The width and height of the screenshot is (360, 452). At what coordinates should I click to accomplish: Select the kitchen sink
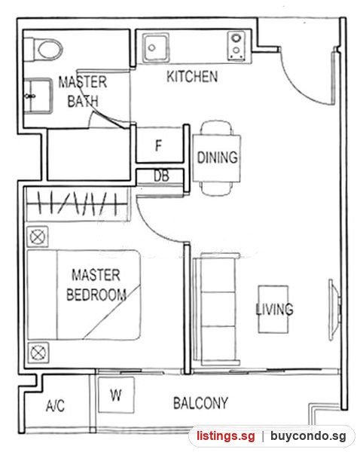(x=155, y=48)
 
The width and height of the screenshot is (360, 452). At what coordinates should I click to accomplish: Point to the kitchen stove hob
(x=236, y=46)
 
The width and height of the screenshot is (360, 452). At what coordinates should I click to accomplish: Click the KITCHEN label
(x=192, y=77)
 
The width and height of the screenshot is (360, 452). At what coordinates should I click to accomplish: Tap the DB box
(x=160, y=176)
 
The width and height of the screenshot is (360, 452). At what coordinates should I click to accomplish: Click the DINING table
(x=216, y=158)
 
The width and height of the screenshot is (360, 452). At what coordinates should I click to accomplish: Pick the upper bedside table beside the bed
(x=38, y=237)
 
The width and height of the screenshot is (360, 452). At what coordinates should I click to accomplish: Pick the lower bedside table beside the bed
(x=38, y=353)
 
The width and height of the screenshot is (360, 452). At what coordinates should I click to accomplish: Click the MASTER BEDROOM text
(x=96, y=285)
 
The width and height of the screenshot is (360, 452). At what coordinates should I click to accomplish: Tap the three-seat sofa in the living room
(x=216, y=309)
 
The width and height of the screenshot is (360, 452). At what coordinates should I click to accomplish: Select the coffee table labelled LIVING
(x=273, y=310)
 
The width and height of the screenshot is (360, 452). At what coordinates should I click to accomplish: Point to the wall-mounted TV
(x=334, y=310)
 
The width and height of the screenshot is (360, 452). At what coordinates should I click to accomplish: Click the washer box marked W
(x=116, y=395)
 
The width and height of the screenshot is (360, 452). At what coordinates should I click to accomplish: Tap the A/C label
(x=55, y=405)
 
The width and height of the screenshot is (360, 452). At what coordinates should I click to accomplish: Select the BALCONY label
(x=200, y=403)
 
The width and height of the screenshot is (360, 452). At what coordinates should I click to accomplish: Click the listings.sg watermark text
(x=226, y=436)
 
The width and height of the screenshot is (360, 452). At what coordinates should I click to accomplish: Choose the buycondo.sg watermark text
(x=308, y=436)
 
